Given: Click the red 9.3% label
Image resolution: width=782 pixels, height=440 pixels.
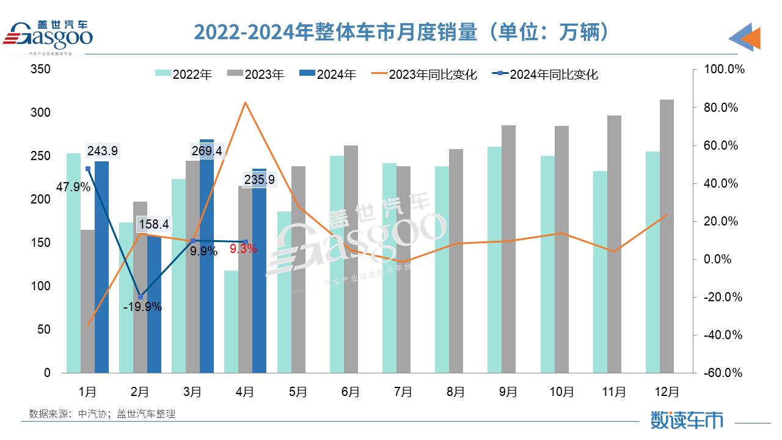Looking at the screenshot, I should pyautogui.click(x=243, y=249).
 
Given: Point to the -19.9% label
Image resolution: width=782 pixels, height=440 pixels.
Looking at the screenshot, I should pyautogui.click(x=142, y=307).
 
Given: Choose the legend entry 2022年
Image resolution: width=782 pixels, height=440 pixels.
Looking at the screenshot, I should pyautogui.click(x=184, y=75).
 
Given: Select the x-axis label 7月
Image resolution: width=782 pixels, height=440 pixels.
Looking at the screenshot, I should pyautogui.click(x=403, y=392).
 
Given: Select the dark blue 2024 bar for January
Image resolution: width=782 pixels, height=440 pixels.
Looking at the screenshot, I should pyautogui.click(x=102, y=269).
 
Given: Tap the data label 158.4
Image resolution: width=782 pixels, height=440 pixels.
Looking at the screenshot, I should pyautogui.click(x=154, y=224).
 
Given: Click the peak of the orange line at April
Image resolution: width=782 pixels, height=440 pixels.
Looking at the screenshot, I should pyautogui.click(x=244, y=103).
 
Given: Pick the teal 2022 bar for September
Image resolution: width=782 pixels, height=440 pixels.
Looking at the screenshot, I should pyautogui.click(x=494, y=260).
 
